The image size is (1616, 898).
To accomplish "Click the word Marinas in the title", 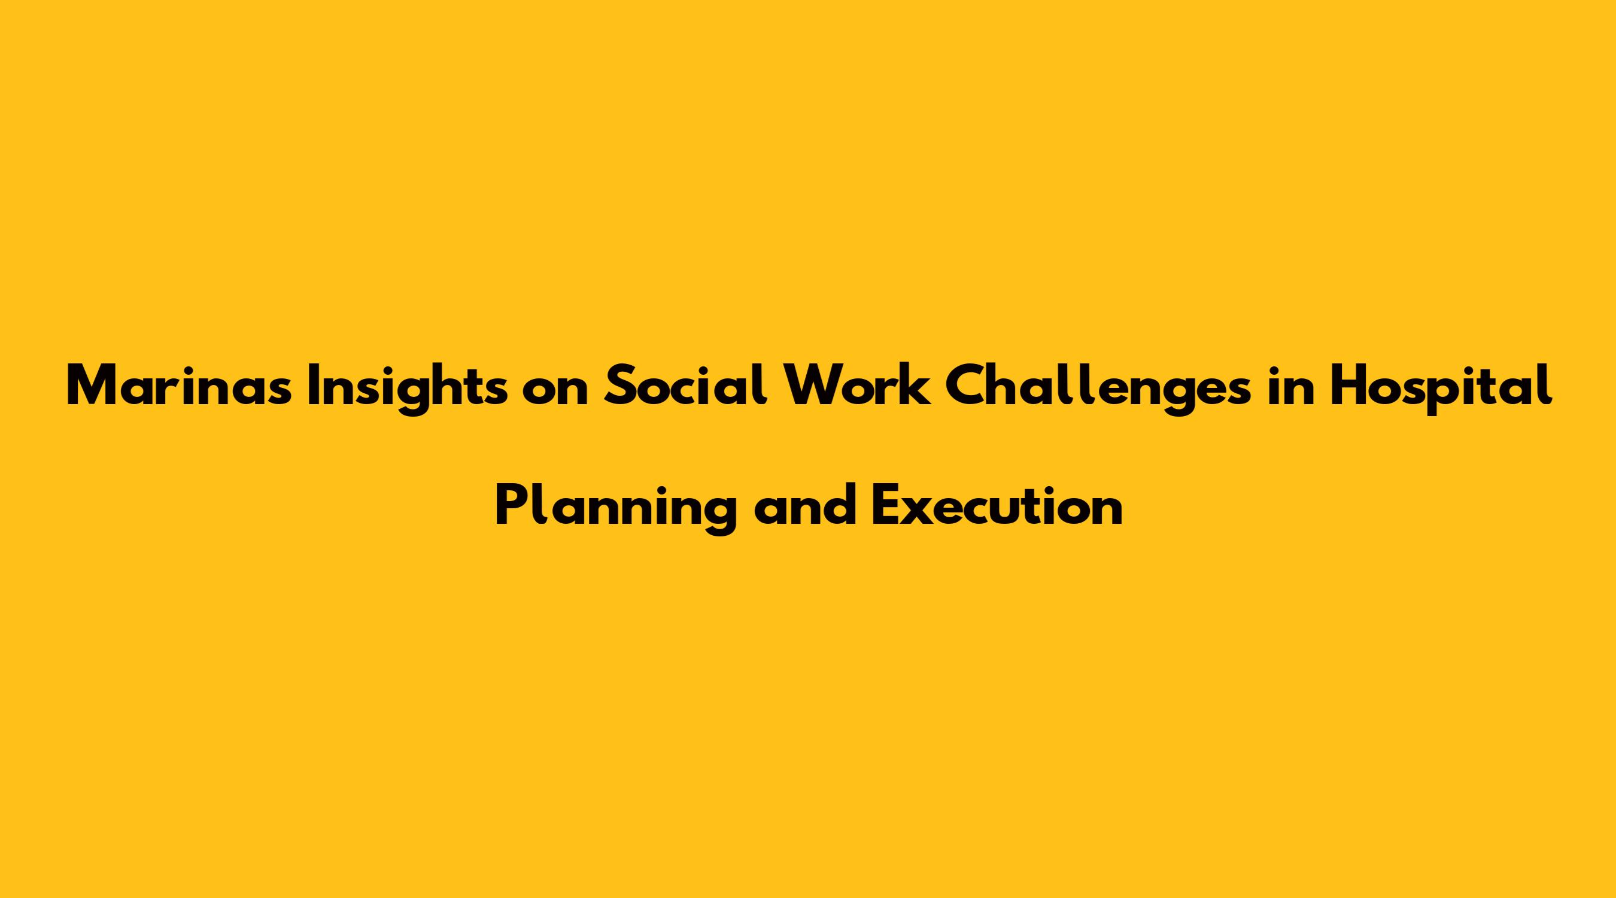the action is pyautogui.click(x=179, y=387).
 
